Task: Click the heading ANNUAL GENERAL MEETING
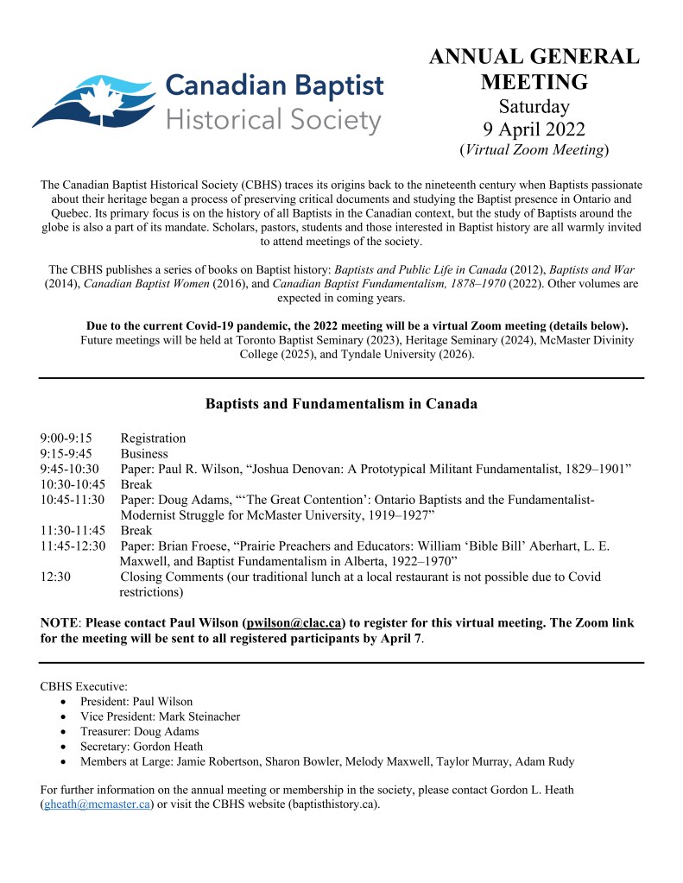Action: tap(534, 70)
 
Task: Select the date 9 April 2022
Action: tap(534, 129)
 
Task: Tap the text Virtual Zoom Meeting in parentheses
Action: tap(534, 150)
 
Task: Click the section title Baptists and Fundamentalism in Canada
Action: tap(341, 403)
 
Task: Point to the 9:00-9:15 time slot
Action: tap(66, 438)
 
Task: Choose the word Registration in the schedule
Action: tap(153, 438)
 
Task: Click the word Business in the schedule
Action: tap(144, 454)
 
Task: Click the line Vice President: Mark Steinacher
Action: tap(160, 716)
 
